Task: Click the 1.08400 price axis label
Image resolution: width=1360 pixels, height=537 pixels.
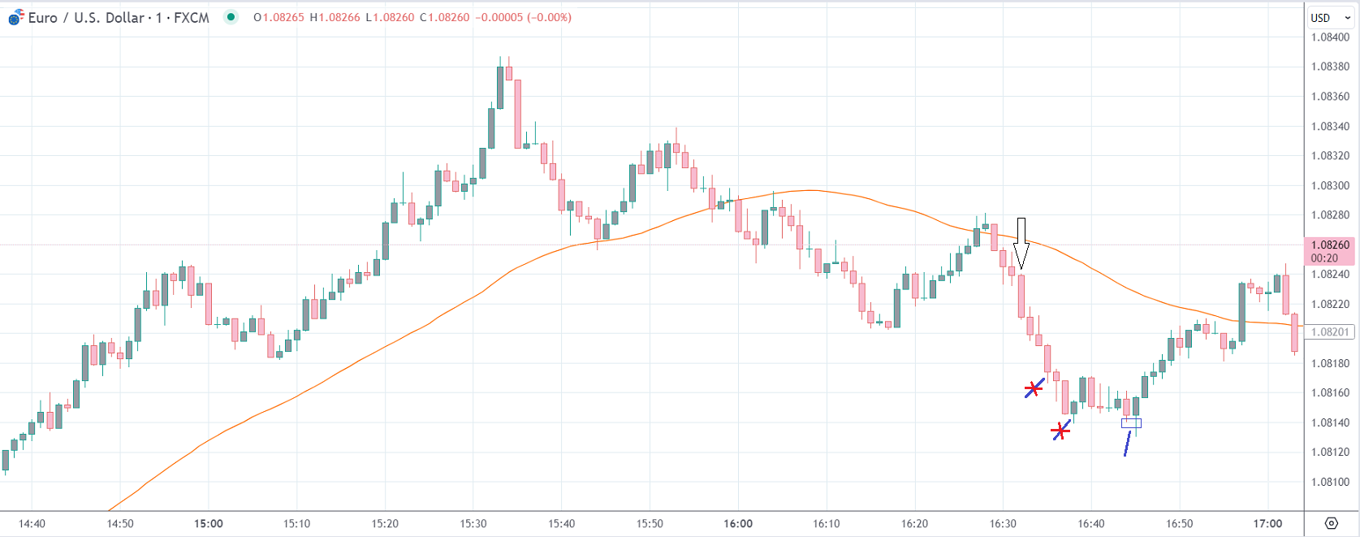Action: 1330,37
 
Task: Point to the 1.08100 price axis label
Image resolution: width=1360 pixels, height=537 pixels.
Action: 1330,482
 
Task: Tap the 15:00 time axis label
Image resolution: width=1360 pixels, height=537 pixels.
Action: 209,523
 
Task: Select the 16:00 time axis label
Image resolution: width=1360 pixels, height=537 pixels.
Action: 738,523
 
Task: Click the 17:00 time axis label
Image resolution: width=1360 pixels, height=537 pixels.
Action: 1267,523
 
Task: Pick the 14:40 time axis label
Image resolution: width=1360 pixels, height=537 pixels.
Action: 32,523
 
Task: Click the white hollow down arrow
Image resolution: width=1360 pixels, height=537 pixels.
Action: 1021,243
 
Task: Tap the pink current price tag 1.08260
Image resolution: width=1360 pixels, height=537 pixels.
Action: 1329,250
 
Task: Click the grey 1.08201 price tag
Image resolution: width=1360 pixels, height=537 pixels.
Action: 1329,331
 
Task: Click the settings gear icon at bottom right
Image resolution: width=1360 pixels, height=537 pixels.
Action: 1331,522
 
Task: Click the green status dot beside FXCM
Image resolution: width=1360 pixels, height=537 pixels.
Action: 231,17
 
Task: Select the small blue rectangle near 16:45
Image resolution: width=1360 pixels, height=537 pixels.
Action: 1131,422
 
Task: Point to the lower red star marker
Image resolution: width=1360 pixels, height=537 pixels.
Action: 1060,431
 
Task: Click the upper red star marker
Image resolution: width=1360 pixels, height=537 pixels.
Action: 1033,389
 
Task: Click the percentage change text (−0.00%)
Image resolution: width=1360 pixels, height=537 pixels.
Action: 549,17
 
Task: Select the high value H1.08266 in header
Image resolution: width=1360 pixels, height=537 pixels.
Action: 335,17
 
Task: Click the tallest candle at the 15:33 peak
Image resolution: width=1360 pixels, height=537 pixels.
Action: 500,88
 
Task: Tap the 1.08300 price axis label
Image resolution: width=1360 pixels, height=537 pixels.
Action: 1330,185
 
